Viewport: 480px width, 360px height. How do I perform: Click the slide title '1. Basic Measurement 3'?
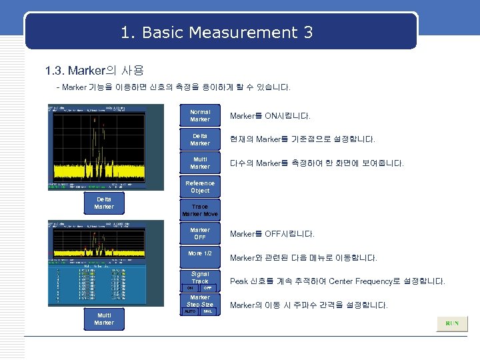(217, 32)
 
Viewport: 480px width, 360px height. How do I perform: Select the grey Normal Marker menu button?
(200, 116)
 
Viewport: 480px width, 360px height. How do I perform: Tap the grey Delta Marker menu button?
(200, 139)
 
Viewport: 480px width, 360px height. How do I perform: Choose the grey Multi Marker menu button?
(200, 163)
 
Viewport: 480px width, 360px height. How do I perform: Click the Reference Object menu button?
(200, 187)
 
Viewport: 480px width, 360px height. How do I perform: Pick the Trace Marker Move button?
(200, 211)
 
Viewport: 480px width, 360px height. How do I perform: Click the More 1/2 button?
(200, 253)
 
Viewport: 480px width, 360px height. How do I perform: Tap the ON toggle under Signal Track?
(190, 288)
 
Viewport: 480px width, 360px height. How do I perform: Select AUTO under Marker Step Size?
(190, 311)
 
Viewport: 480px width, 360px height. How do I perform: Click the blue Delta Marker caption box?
(104, 203)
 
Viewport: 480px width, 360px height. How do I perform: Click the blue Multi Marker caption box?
(104, 319)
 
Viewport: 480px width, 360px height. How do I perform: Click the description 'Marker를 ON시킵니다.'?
(270, 117)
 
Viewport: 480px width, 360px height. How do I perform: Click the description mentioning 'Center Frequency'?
(337, 281)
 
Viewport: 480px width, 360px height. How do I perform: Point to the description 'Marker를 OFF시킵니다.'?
(272, 234)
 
